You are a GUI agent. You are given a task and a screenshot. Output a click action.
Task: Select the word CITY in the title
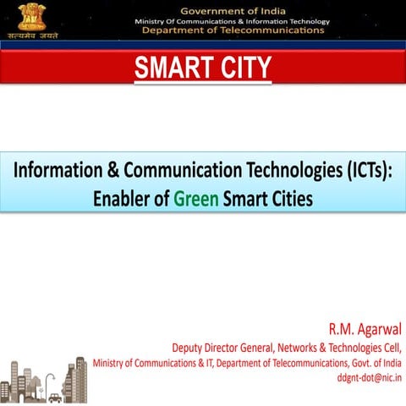[242, 67]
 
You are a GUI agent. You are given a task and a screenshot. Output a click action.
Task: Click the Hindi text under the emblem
[33, 36]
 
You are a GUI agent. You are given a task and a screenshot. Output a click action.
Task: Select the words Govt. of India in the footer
[376, 363]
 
